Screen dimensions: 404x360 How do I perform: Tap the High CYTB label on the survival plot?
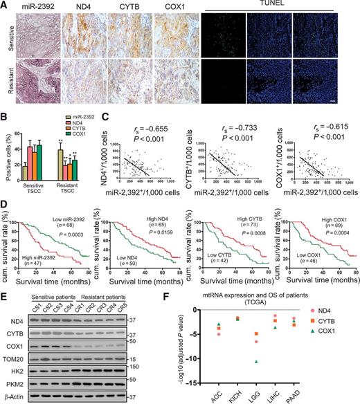coord(226,203)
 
